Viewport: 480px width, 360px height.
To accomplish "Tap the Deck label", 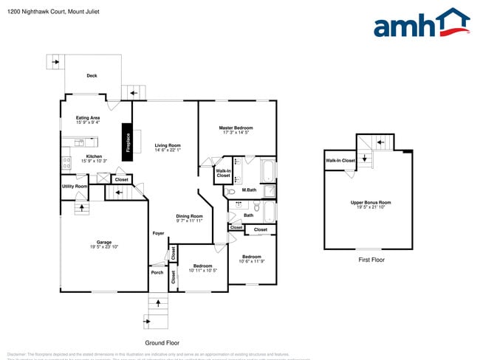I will pos(92,75).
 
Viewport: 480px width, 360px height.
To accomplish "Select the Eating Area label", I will pos(88,118).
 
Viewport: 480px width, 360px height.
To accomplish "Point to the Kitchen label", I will pos(94,156).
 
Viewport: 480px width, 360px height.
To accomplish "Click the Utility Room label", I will pos(75,187).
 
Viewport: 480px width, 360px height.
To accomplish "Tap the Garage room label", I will pos(104,242).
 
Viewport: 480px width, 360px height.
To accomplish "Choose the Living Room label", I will pos(168,145).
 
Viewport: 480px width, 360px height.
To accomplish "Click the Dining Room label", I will pos(189,215).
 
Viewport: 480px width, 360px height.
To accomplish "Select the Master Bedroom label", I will pos(236,128).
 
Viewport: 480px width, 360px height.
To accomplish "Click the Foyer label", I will pos(158,233).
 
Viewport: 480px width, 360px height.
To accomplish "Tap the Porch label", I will pos(157,272).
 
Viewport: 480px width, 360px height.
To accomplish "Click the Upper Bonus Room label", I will pos(371,202).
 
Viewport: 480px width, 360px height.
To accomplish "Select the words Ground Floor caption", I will pos(162,343).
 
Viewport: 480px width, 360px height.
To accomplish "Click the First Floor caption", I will pos(371,260).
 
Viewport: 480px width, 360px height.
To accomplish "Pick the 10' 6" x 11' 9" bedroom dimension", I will pos(252,261).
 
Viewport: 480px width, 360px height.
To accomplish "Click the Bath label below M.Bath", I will pos(248,215).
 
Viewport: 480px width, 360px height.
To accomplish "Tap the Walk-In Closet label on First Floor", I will pos(340,160).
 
